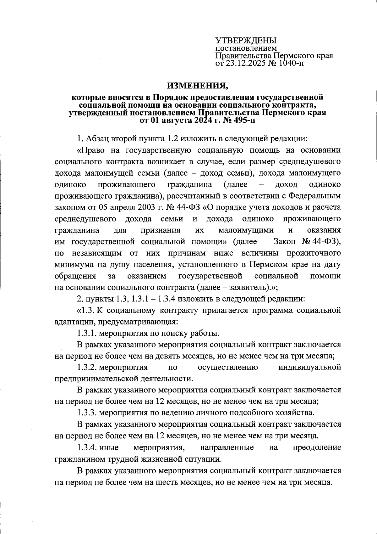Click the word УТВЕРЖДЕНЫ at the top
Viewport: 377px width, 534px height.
point(246,41)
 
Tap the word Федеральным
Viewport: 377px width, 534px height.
point(314,196)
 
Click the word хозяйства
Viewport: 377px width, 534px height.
point(296,413)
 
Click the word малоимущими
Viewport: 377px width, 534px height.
point(246,230)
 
